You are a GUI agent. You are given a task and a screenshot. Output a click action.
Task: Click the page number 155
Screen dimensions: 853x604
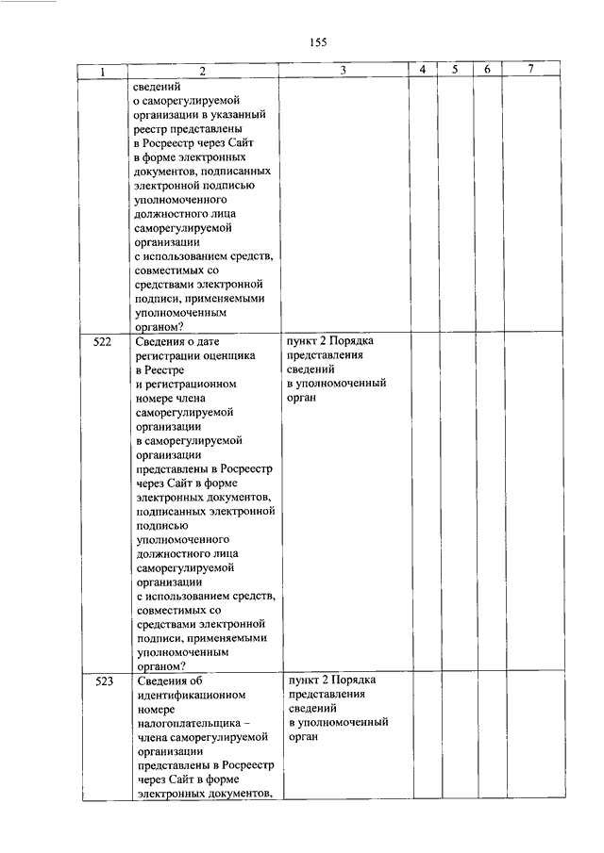[317, 42]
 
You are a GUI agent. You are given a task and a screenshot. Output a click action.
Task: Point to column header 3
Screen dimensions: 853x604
[344, 71]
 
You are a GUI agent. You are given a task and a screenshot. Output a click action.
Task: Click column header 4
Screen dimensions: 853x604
[423, 71]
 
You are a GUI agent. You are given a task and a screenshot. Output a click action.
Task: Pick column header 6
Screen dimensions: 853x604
[486, 71]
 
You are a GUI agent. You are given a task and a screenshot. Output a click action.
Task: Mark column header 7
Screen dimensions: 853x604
[531, 71]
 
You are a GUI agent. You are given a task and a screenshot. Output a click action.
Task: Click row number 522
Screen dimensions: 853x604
[103, 341]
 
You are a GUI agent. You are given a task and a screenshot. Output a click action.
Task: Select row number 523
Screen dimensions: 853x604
[103, 681]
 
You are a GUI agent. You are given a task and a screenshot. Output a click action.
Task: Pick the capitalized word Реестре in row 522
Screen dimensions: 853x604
[159, 370]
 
